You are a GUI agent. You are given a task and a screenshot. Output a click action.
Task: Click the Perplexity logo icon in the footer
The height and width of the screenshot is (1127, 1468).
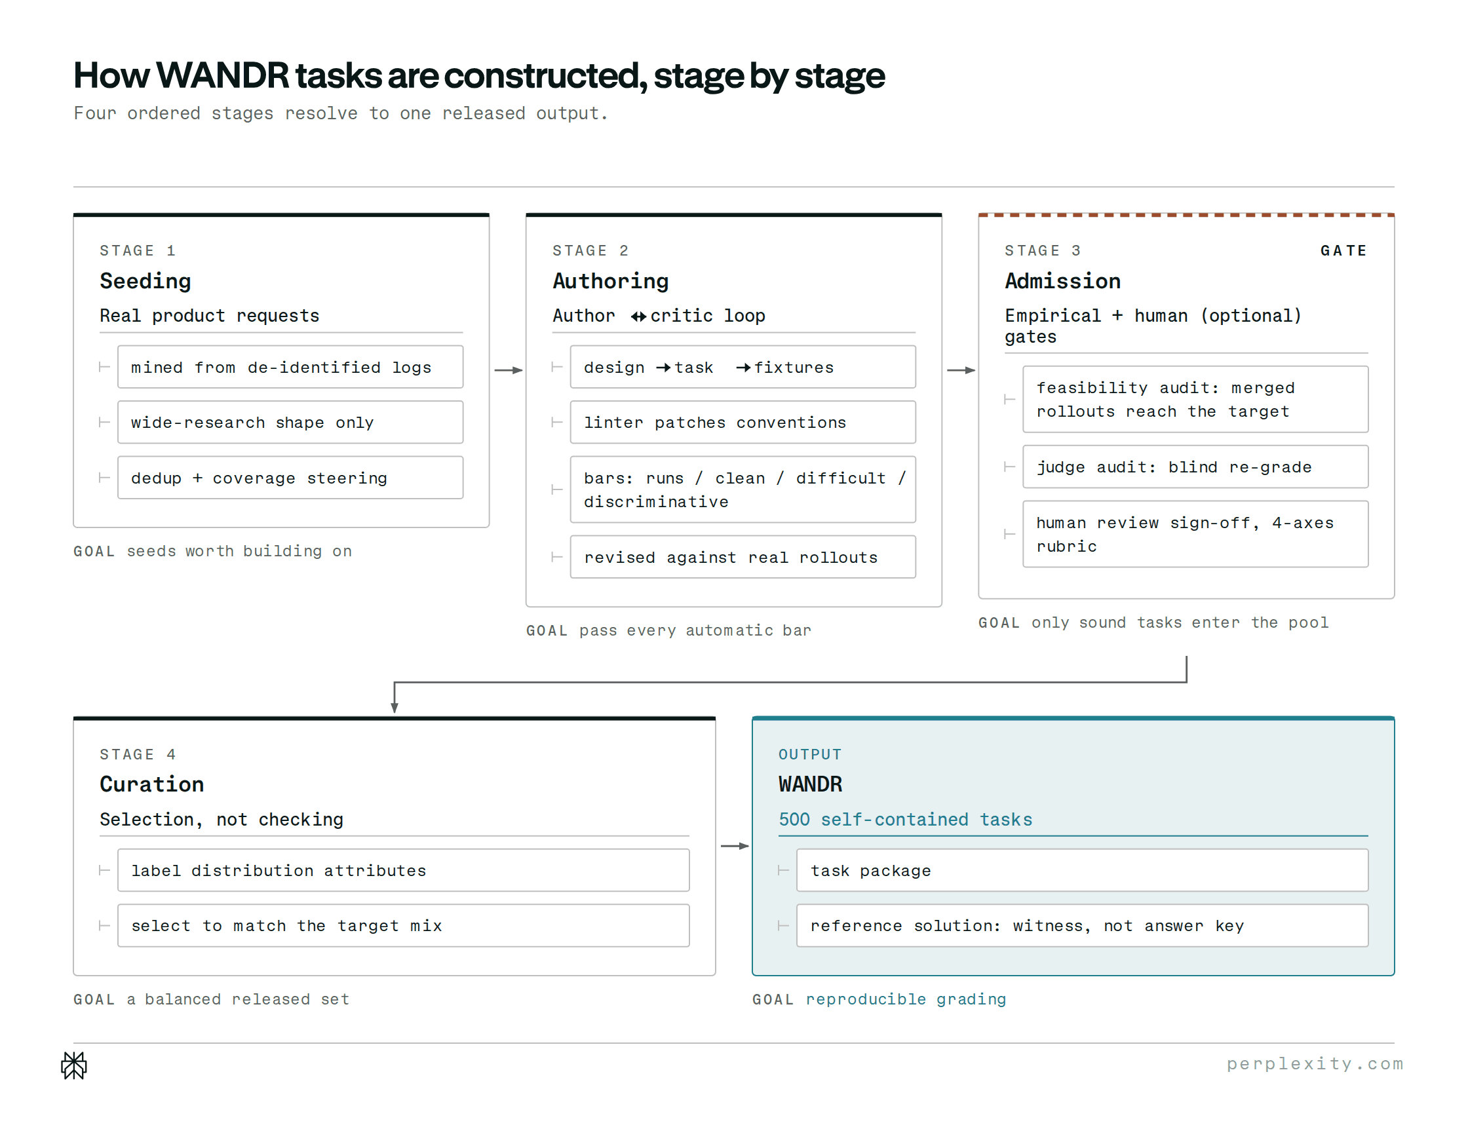74,1065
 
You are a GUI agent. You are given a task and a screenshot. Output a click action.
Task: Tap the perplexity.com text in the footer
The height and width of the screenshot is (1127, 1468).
1315,1064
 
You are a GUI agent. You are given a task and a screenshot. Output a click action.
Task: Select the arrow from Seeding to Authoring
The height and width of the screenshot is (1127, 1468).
508,370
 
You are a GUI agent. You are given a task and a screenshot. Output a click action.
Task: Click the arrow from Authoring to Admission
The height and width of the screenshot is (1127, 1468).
961,370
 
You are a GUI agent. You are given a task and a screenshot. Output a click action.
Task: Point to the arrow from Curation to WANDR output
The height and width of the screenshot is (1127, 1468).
734,846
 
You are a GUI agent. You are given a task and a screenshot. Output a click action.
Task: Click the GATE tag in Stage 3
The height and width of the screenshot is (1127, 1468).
1343,251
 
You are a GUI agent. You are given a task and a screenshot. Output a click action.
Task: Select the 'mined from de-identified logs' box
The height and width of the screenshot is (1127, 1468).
290,367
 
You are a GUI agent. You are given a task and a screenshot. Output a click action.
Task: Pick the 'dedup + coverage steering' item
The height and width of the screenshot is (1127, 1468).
290,478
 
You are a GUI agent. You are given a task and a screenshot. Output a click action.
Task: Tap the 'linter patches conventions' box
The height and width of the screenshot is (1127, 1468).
743,422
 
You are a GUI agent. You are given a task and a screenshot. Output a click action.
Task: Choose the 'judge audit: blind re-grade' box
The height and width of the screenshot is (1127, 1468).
1195,467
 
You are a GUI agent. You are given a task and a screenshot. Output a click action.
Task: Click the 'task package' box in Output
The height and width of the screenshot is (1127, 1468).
1081,870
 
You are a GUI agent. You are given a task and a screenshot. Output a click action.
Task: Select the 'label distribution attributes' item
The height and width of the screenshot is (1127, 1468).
403,870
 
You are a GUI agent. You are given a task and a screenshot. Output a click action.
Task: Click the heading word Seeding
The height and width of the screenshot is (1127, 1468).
145,281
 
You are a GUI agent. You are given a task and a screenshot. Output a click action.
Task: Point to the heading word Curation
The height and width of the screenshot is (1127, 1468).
152,784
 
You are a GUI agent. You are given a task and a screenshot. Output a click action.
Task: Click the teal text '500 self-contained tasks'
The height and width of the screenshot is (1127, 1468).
905,819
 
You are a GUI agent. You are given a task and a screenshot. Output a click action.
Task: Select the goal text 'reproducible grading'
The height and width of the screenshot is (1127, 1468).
906,999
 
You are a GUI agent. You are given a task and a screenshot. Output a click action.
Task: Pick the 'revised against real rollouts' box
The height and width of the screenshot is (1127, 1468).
743,557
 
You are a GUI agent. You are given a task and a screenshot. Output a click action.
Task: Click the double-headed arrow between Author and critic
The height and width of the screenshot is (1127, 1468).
639,316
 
